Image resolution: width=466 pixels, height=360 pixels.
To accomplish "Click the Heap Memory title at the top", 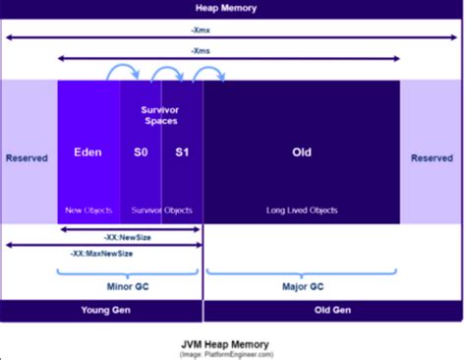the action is point(234,9).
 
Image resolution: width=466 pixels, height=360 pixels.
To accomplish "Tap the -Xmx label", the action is point(232,30).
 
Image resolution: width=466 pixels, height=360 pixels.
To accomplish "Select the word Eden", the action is point(88,152).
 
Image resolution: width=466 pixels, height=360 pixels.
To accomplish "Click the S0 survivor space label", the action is point(142,152).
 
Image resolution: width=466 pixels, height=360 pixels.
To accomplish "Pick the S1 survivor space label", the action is point(182,152).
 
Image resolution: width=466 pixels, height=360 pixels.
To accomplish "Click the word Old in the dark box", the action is point(302,152).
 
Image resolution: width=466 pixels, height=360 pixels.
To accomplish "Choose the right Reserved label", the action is point(433,157).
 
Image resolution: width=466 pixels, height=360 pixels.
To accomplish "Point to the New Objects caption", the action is point(88,210).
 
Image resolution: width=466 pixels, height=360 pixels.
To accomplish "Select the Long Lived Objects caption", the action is point(302,210).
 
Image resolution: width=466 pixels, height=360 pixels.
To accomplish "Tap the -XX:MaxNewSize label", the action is point(102,253).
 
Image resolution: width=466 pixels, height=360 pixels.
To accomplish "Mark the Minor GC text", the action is point(130,287).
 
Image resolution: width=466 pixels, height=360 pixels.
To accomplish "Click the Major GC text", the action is point(301,287).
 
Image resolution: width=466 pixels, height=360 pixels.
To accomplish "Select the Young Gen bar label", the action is point(101,311).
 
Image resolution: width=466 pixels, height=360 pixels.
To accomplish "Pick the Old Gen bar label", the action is point(333,311).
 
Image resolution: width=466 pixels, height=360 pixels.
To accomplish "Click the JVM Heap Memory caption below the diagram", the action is point(232,343).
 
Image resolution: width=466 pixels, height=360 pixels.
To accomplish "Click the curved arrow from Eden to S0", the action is point(122,70).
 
